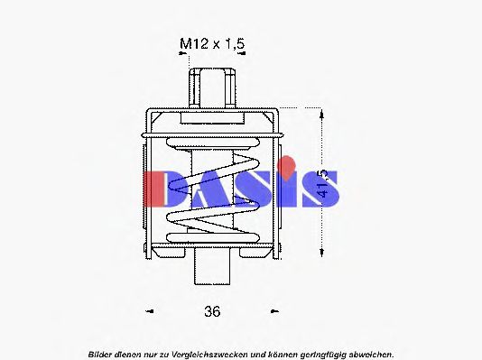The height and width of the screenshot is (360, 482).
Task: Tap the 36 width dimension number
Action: tap(212, 312)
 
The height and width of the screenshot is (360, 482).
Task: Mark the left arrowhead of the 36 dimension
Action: tap(150, 312)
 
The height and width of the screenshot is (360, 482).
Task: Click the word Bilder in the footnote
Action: tap(103, 354)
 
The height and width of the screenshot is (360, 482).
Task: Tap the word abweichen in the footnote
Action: tap(371, 354)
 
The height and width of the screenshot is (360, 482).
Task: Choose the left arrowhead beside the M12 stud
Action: tap(184, 54)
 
